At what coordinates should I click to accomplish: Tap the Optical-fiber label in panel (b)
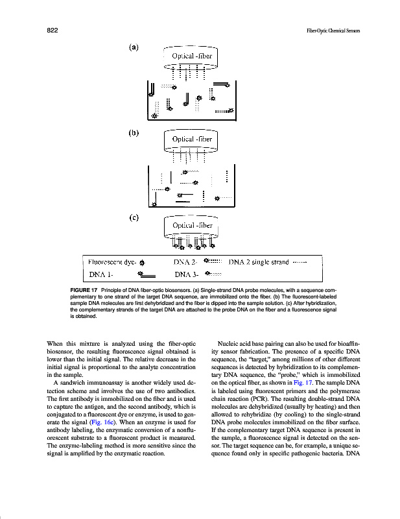[191, 139]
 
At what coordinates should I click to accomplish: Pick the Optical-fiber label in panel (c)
[192, 225]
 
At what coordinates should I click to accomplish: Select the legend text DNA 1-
[102, 274]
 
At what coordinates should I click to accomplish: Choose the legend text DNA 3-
[186, 274]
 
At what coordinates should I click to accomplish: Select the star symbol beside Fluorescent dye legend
[143, 263]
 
